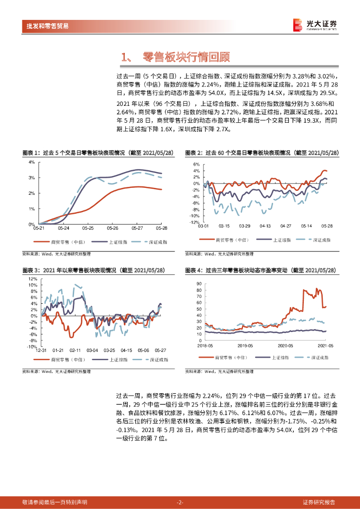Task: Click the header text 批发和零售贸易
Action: pos(48,26)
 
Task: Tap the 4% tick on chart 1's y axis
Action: pos(31,162)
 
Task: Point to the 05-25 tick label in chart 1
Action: pos(88,229)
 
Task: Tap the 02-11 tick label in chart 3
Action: pos(75,350)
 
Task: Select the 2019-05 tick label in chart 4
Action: pos(245,345)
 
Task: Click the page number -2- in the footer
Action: pos(180,502)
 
